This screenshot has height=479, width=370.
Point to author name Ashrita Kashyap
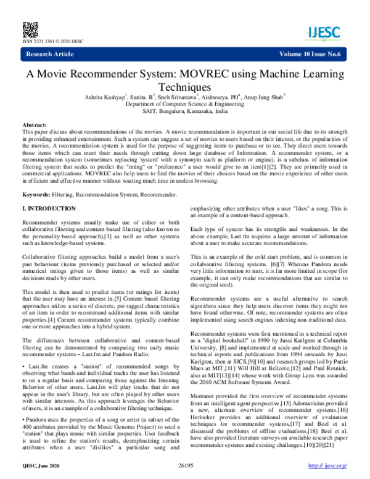(102, 98)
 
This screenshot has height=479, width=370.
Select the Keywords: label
(39, 178)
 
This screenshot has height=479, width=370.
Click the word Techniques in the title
(184, 88)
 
